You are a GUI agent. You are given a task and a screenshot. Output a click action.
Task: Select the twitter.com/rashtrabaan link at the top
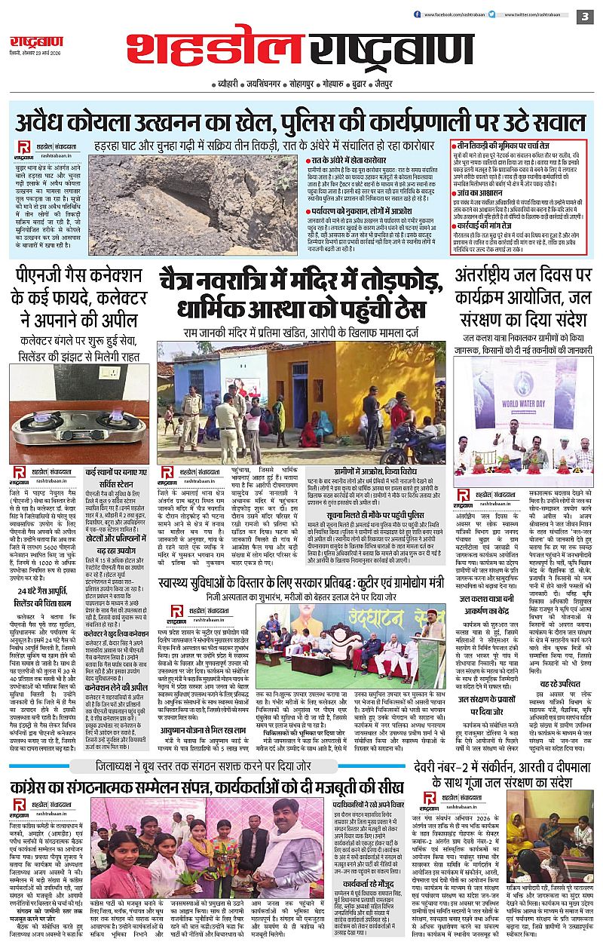535,14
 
